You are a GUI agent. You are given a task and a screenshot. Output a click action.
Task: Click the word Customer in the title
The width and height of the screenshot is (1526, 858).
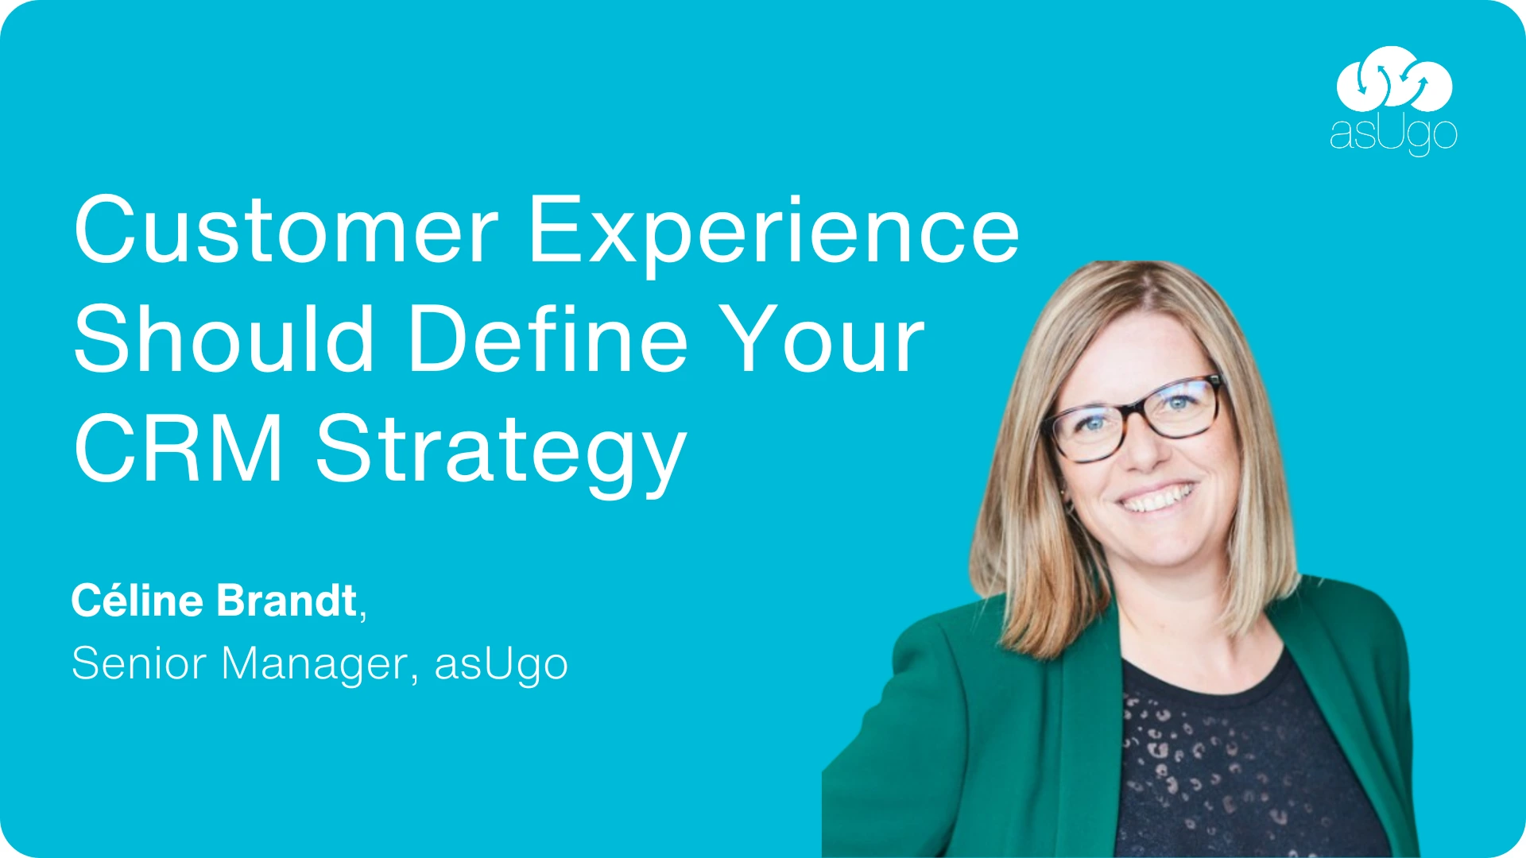click(x=286, y=230)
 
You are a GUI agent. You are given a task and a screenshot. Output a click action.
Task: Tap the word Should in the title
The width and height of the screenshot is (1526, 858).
click(x=223, y=339)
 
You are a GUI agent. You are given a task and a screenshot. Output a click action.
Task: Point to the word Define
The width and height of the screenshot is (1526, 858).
click(x=548, y=339)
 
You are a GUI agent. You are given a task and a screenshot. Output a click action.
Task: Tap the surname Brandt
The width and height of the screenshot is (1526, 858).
click(x=286, y=601)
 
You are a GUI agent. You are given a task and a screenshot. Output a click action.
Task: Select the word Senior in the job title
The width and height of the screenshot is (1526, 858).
click(x=139, y=663)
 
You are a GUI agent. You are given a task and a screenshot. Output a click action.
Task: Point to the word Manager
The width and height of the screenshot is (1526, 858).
click(x=315, y=665)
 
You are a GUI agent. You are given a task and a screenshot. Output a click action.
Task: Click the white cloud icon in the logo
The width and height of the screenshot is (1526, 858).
click(x=1394, y=79)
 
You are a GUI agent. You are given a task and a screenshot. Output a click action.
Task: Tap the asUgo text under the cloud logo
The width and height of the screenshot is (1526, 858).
click(x=1393, y=135)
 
